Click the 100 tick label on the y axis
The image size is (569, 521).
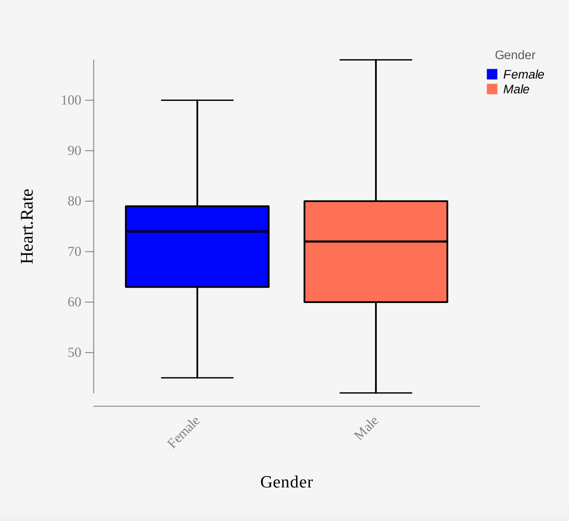[71, 100]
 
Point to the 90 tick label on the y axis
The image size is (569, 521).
[74, 151]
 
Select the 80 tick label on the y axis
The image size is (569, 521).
[74, 201]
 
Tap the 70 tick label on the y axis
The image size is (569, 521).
[74, 251]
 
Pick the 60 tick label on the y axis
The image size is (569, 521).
[74, 302]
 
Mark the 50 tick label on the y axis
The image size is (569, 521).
[74, 352]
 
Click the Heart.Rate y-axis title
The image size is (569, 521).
[27, 226]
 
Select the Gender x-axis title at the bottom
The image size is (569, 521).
[287, 482]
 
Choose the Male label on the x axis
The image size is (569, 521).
[366, 428]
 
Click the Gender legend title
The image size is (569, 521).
[515, 55]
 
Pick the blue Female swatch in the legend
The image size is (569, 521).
[492, 74]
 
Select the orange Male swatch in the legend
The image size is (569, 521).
[492, 89]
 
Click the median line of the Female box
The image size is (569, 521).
[197, 231]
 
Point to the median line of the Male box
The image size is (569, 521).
[376, 242]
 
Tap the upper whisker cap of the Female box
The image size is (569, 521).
[197, 100]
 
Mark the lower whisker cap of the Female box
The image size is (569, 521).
[197, 378]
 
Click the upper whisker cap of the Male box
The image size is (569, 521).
[376, 60]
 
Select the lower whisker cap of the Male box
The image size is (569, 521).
[376, 393]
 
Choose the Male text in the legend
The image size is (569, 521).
[516, 89]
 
